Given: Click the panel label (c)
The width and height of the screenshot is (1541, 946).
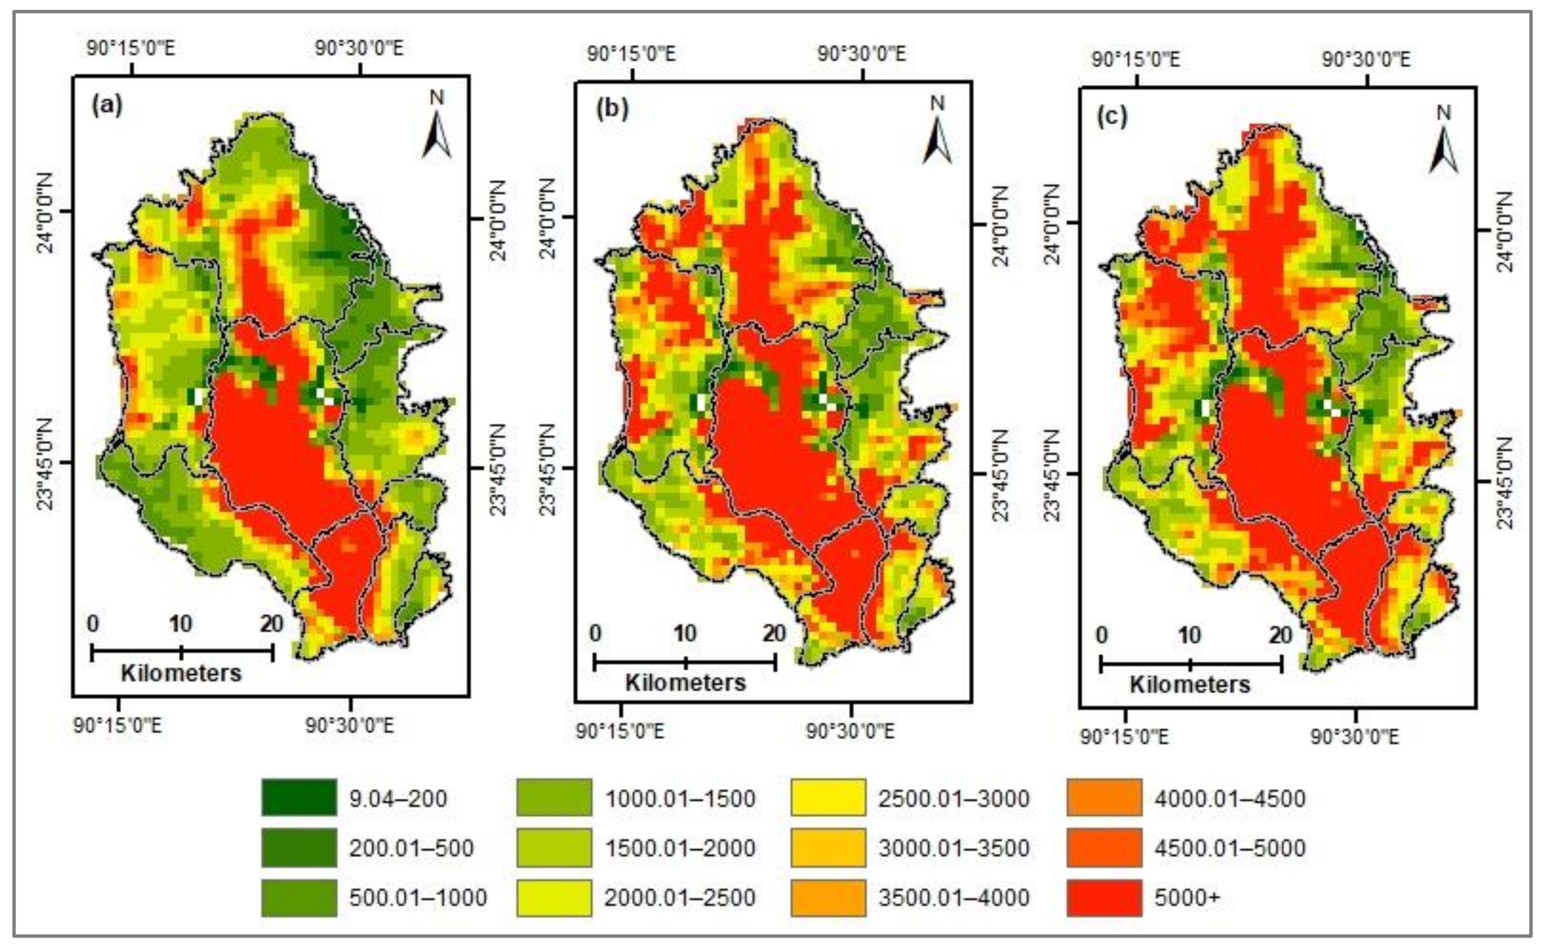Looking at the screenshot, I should pos(1113,117).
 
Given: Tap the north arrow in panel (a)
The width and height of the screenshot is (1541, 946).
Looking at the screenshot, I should pos(437,126).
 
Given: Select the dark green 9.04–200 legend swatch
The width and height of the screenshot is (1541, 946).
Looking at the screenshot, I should pos(299,798).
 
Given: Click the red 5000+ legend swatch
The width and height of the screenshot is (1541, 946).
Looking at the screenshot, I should pos(1104,897).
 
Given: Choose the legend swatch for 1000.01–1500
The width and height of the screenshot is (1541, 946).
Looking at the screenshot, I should pos(554,798).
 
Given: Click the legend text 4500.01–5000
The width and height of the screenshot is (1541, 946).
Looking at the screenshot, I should pos(1229,848).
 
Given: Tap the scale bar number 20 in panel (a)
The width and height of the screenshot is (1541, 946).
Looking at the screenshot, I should pos(271,623).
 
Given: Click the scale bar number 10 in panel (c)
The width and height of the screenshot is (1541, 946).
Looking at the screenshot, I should pos(1189,636).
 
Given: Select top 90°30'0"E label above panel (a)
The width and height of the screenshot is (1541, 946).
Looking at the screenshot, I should pos(359,48).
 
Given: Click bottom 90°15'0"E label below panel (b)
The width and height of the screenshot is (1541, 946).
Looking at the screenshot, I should pos(619,731).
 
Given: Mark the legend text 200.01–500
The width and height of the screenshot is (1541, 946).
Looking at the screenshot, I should pos(411,848).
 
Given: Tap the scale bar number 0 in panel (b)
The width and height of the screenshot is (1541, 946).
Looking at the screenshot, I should pos(595,633).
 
